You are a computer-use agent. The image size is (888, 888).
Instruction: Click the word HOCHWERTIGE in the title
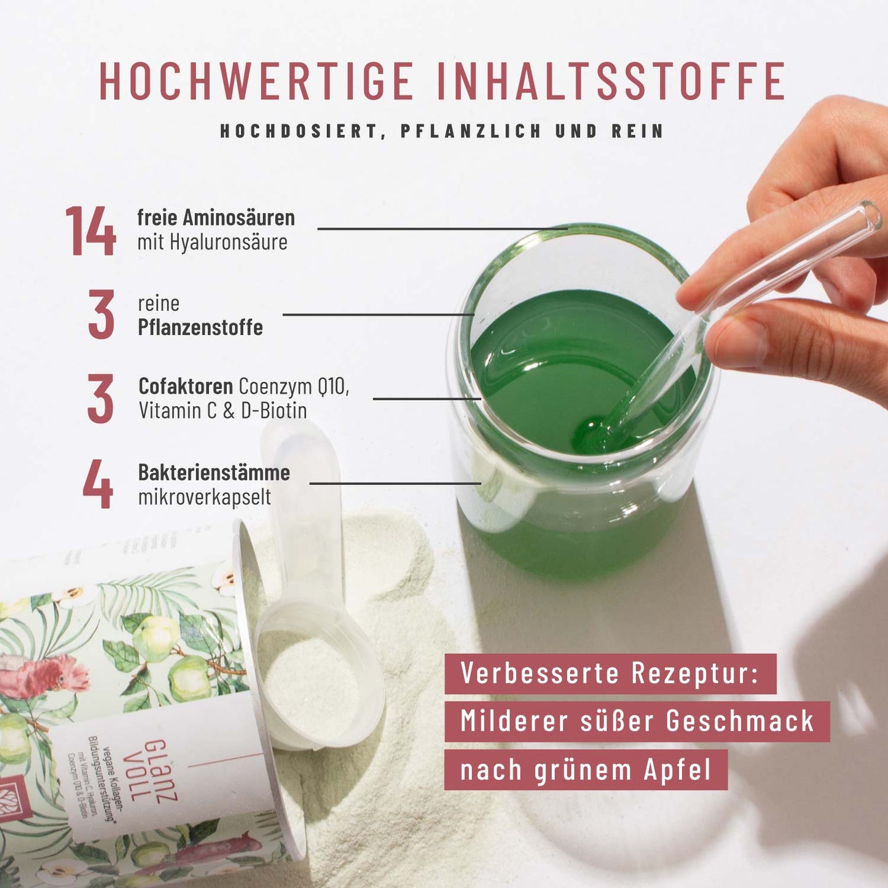tap(257, 81)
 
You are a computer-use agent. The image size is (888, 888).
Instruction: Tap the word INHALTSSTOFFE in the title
tap(611, 81)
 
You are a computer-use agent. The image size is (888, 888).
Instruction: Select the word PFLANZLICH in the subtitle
tap(471, 131)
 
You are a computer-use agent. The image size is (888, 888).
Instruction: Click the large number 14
tap(90, 231)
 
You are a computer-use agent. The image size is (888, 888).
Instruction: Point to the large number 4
tap(98, 484)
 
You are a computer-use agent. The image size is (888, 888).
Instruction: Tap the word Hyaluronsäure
tap(229, 242)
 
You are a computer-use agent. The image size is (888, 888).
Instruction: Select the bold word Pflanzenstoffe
tap(200, 328)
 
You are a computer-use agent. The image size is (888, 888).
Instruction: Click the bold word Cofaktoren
tap(186, 387)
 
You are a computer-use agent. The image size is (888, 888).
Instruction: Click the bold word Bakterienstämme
tap(214, 473)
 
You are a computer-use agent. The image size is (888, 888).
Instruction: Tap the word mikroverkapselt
tap(204, 497)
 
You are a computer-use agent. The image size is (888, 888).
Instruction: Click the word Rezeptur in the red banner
tap(695, 674)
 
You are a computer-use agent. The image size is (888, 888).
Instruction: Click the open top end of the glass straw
tap(872, 215)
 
